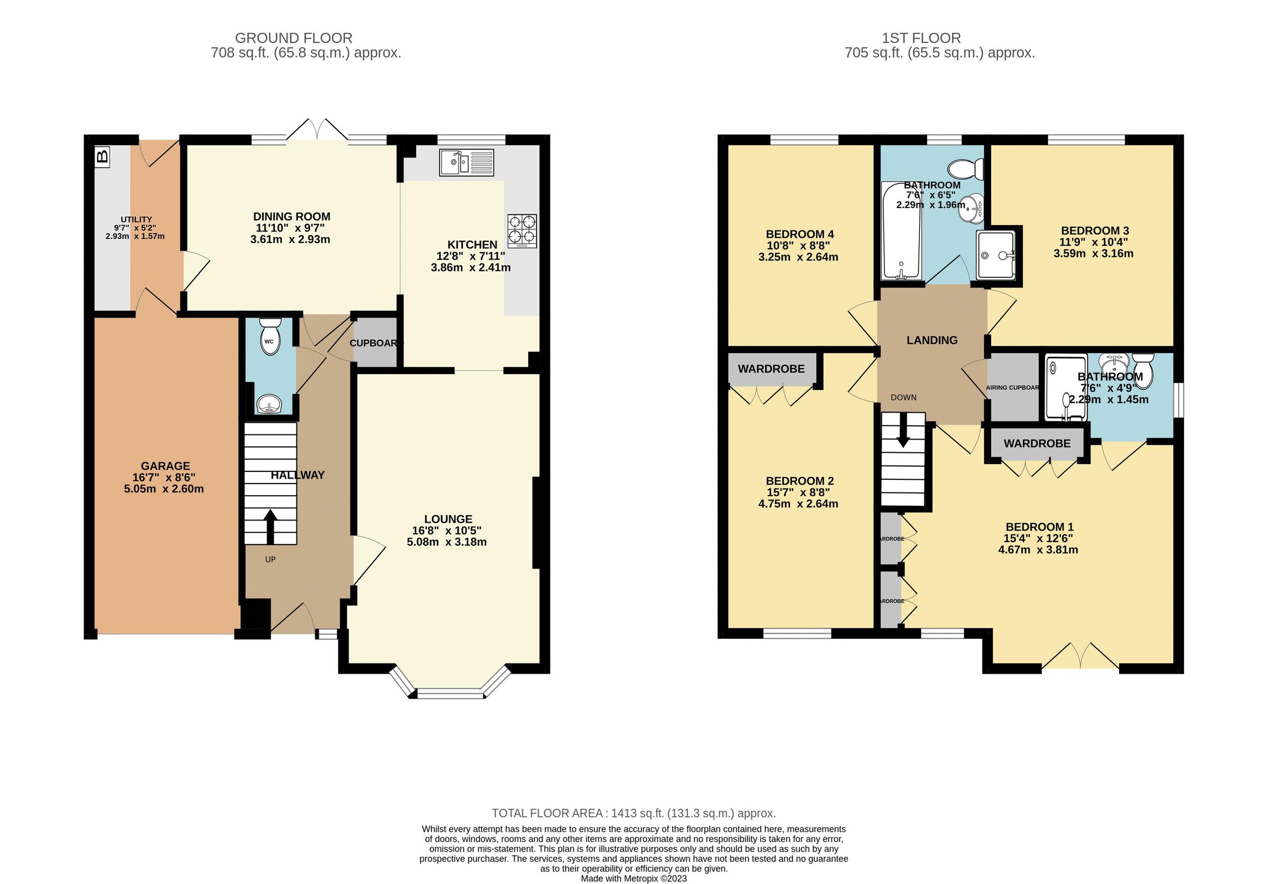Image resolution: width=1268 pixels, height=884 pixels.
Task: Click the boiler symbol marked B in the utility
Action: (102, 157)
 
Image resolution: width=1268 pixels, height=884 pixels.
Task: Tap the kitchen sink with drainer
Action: (467, 163)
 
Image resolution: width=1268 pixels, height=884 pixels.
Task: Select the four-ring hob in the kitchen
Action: (522, 230)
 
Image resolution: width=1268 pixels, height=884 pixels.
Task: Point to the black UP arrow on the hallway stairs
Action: (270, 526)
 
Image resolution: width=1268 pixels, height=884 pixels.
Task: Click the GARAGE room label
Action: (165, 466)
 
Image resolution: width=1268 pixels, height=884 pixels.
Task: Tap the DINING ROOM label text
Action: (292, 217)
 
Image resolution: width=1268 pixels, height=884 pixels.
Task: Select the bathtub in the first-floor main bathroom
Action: (901, 231)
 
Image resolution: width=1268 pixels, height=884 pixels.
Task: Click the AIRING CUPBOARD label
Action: (1012, 388)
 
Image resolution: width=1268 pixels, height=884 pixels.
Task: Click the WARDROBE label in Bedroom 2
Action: (771, 369)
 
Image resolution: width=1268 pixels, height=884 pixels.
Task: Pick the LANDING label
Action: (931, 340)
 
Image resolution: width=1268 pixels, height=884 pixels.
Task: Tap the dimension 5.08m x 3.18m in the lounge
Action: (446, 542)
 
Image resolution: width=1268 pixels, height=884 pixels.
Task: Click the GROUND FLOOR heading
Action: (293, 38)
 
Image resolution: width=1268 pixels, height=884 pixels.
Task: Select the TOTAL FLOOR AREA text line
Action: (633, 813)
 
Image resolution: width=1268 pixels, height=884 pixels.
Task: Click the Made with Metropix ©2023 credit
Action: (633, 879)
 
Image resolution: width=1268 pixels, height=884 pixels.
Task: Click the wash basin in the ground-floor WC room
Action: (269, 404)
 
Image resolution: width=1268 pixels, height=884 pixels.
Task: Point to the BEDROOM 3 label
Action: (1095, 231)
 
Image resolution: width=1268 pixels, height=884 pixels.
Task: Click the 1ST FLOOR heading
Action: (921, 38)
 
